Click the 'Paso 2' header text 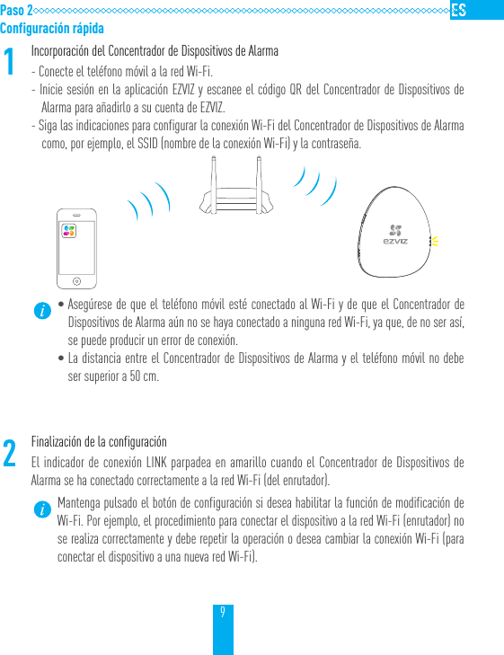click(17, 10)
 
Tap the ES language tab click(458, 10)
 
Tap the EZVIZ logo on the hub click(396, 235)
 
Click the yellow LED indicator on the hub click(434, 241)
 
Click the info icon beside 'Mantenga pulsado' click(41, 510)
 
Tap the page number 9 click(223, 611)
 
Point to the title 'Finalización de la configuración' click(99, 442)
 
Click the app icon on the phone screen click(68, 231)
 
